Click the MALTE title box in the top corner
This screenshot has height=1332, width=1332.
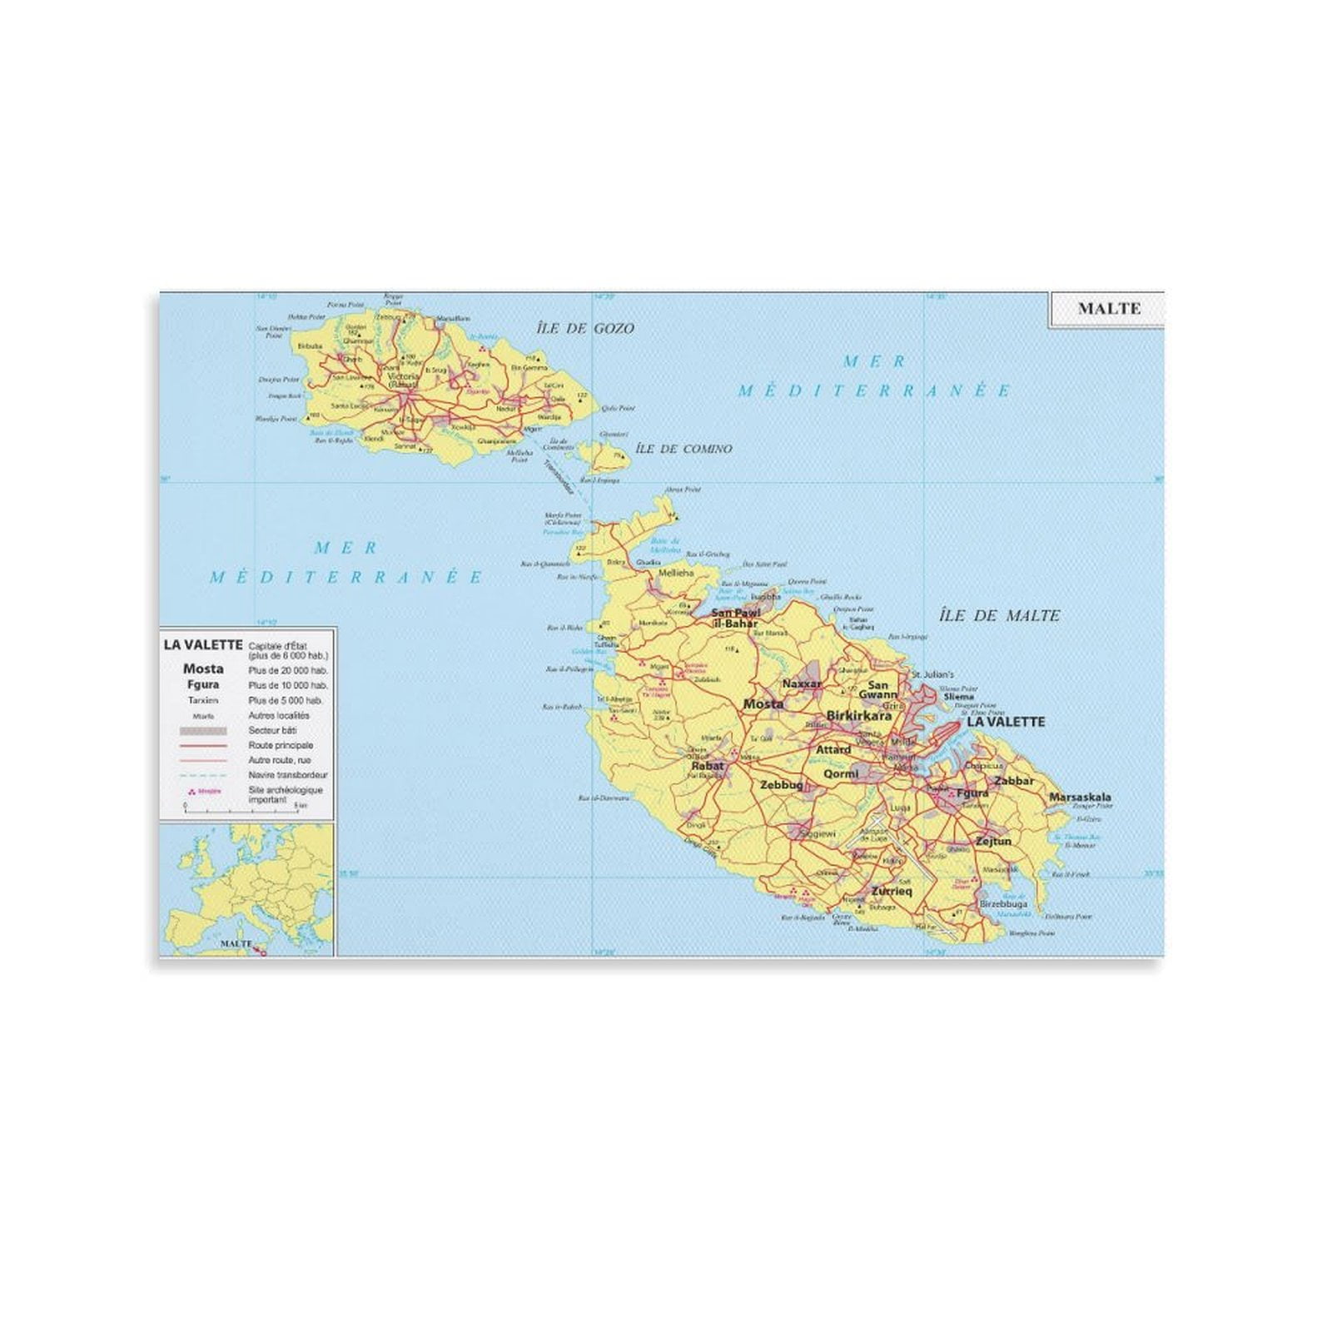tap(1109, 309)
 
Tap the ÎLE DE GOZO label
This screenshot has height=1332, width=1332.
tap(585, 329)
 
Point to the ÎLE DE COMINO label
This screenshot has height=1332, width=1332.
tap(683, 449)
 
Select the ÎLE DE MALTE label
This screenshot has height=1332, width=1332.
tap(999, 616)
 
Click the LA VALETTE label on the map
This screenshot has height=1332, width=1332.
tap(1005, 722)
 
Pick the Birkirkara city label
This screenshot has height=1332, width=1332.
tap(858, 715)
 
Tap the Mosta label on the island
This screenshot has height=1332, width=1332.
tap(763, 704)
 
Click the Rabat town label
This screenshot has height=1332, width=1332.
tap(708, 766)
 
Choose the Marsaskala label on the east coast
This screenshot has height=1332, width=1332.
tap(1080, 798)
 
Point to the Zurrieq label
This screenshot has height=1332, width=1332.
tap(892, 892)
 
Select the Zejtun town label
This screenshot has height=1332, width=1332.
tap(993, 842)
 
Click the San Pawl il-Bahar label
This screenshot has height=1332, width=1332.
tap(736, 619)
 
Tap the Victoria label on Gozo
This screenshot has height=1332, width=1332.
tap(404, 377)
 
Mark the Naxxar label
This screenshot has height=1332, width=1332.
tap(802, 683)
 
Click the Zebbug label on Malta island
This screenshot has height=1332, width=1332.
tap(782, 785)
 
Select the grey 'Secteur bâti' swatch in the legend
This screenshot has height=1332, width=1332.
tap(203, 731)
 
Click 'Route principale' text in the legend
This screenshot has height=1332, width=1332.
tap(281, 746)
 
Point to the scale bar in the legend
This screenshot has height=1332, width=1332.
tap(241, 807)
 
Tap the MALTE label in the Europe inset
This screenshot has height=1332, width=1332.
tap(236, 944)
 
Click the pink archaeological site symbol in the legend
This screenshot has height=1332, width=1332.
tap(193, 792)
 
